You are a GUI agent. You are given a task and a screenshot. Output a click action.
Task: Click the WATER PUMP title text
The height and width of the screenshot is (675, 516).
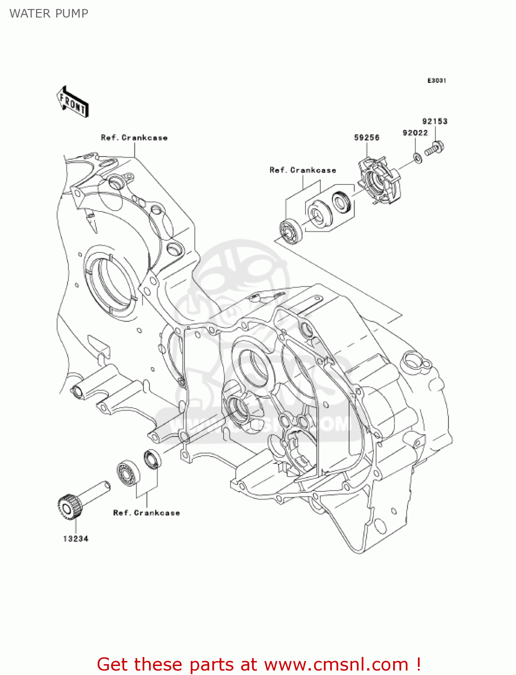(x=49, y=13)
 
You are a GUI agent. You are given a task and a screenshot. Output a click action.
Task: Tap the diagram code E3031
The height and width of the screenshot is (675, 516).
(x=436, y=81)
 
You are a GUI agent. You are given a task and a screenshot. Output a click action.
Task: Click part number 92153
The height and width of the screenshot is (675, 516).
(x=435, y=121)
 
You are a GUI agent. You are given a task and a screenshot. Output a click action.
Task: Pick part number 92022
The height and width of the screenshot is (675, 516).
(x=415, y=133)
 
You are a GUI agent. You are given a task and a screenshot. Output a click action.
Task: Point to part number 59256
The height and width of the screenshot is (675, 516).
(x=367, y=138)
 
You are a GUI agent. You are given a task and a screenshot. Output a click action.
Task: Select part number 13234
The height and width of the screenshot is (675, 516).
(x=76, y=539)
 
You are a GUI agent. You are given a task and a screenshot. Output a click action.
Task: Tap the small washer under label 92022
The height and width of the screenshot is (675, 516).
(x=417, y=158)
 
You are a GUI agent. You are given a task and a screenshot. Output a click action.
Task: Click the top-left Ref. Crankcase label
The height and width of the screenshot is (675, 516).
(x=134, y=138)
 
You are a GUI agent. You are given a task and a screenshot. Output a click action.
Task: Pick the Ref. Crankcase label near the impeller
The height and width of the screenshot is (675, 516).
(x=303, y=170)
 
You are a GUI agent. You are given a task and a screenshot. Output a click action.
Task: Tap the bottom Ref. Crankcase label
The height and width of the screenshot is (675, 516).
(x=146, y=513)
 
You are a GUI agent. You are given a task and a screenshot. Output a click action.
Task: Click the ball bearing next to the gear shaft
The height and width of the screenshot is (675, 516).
(x=128, y=472)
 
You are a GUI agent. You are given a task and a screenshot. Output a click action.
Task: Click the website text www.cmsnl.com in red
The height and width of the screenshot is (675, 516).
(x=336, y=664)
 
